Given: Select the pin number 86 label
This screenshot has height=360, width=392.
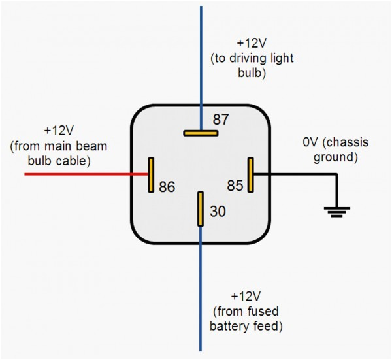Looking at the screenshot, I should pyautogui.click(x=167, y=188).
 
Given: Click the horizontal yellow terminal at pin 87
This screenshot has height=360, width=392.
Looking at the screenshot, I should pyautogui.click(x=200, y=133).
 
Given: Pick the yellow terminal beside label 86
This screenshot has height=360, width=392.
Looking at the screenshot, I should pyautogui.click(x=151, y=174).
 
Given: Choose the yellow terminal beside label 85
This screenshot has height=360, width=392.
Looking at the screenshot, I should pyautogui.click(x=250, y=174).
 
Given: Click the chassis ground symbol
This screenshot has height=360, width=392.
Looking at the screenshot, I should pyautogui.click(x=337, y=210).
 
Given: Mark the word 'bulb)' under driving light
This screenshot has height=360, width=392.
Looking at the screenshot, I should pyautogui.click(x=251, y=74).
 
